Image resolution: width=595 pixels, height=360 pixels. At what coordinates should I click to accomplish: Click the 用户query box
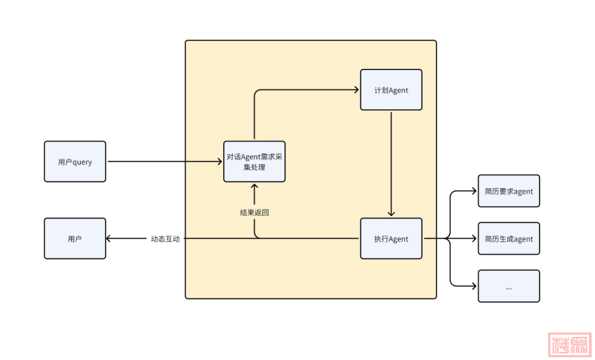click(75, 162)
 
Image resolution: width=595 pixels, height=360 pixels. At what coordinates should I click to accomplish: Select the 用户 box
click(75, 239)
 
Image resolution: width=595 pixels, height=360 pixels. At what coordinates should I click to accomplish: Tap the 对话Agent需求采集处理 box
click(255, 162)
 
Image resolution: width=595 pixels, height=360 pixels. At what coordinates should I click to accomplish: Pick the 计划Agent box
click(391, 90)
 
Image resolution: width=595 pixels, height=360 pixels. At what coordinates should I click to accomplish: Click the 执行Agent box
click(391, 239)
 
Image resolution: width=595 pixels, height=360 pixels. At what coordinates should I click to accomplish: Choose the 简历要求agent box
click(509, 191)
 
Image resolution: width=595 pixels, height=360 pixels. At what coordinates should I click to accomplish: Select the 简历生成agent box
click(509, 239)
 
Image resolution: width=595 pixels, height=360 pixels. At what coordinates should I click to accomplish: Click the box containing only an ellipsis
click(509, 286)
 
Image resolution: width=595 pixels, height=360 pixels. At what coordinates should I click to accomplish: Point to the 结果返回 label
click(255, 212)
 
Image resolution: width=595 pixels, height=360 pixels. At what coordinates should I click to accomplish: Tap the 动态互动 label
click(165, 239)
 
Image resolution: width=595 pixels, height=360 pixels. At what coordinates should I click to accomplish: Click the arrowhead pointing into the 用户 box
click(109, 239)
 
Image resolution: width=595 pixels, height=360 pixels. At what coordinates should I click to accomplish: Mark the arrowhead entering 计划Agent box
click(356, 90)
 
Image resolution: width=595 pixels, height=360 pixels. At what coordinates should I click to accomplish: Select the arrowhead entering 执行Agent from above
click(391, 214)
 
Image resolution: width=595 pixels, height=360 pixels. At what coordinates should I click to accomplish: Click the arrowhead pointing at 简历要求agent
click(474, 191)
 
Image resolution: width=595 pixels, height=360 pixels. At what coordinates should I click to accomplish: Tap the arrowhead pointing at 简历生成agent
click(474, 239)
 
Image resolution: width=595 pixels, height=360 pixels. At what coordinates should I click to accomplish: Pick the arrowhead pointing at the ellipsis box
click(474, 286)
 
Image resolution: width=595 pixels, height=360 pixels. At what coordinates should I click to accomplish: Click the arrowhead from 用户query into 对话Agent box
click(220, 162)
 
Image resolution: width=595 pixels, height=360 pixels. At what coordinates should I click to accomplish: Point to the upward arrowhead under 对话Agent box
click(255, 186)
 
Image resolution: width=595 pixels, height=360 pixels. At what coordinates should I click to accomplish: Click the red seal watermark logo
click(570, 345)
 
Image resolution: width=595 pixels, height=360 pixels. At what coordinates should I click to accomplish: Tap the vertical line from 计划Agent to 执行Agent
click(391, 160)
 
